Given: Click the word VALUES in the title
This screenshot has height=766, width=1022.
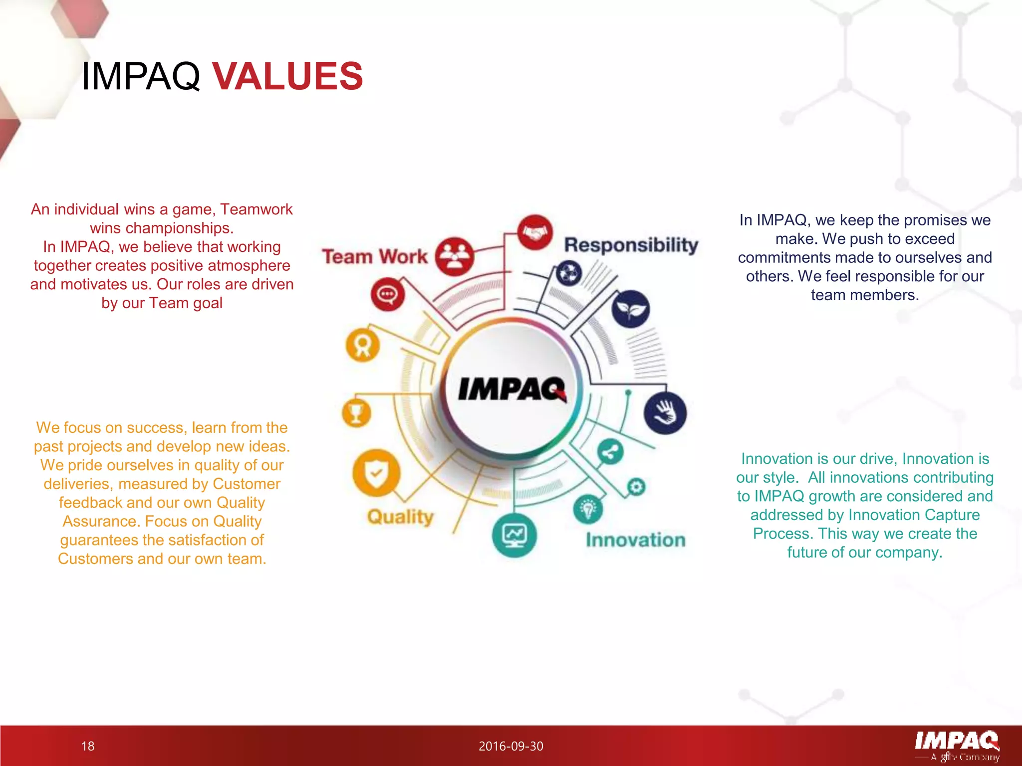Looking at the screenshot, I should coord(288,76).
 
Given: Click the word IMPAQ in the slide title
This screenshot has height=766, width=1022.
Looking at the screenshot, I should coord(140,76).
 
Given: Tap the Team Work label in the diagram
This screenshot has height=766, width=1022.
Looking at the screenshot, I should coord(375,256).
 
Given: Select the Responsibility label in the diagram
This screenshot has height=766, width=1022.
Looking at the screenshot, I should coord(631,245).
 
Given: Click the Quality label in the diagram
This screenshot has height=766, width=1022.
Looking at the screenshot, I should coord(400,517).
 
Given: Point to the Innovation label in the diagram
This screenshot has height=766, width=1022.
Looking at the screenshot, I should coord(635,540).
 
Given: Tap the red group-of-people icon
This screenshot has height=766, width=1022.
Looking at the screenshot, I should coord(454,256).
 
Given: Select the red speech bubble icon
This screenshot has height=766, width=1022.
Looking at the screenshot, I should coord(387,294).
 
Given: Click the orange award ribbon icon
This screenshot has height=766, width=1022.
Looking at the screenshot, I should coord(363,345).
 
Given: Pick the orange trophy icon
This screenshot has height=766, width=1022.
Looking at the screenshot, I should coord(356,413).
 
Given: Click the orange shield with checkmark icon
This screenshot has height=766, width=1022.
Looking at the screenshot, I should coord(376,473).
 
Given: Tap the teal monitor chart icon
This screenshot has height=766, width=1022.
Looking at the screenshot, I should coord(514,535).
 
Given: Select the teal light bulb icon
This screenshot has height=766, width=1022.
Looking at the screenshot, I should coord(588,509).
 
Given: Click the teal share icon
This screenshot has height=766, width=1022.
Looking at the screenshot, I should coord(610,452).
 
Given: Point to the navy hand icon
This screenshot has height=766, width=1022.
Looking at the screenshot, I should coord(665,413).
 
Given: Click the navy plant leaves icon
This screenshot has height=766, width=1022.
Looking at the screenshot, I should coord(630,309).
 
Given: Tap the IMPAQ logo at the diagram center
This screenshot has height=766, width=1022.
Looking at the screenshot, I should coord(512,388).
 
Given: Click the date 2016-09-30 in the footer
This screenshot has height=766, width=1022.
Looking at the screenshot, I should coord(511,746).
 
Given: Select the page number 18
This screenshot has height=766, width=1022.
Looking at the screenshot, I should coord(88,746).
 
